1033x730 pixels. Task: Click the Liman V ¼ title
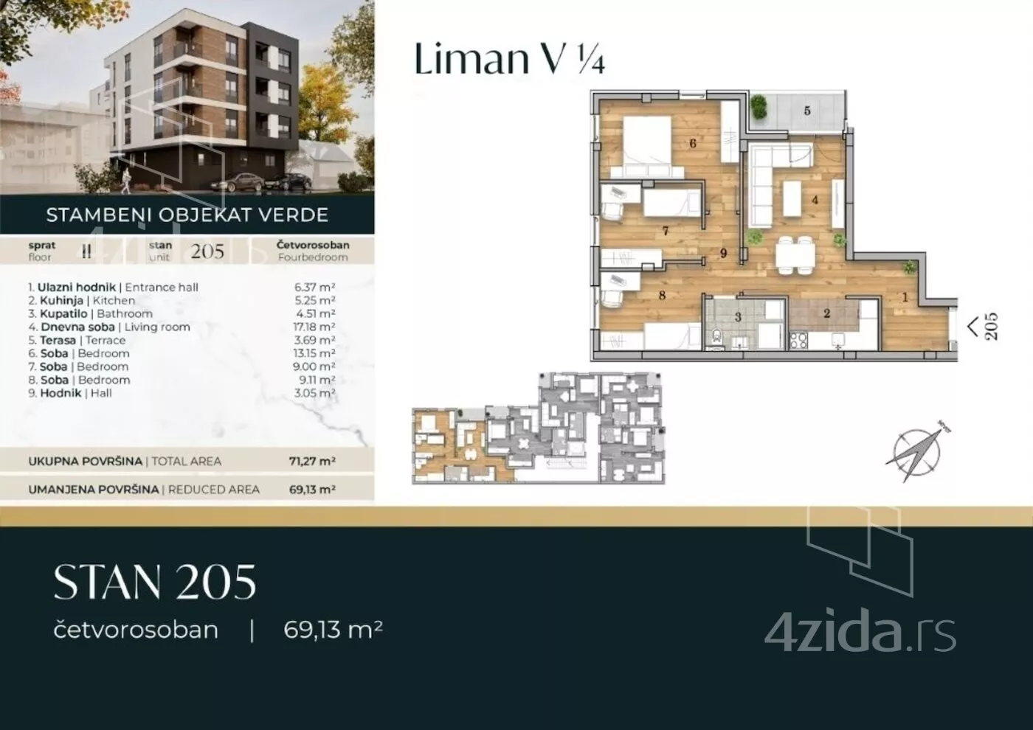coord(510,58)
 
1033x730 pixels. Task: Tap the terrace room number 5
coord(807,111)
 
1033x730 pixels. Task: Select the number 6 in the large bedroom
coord(693,143)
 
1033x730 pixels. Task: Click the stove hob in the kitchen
coord(798,340)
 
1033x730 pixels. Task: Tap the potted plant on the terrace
coord(759,108)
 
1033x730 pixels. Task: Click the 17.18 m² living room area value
coord(314,327)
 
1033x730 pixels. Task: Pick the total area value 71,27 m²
coord(312,462)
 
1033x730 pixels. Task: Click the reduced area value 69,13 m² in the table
coord(312,490)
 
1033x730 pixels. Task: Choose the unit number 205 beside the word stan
coord(207,251)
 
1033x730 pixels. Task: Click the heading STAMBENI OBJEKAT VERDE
coord(187,215)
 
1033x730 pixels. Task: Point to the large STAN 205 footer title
coord(155,582)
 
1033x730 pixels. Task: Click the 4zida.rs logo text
coord(860,635)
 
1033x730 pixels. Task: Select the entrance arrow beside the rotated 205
coord(972,327)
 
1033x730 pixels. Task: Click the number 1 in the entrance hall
coord(905,298)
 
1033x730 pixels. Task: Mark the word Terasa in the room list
coord(58,340)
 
